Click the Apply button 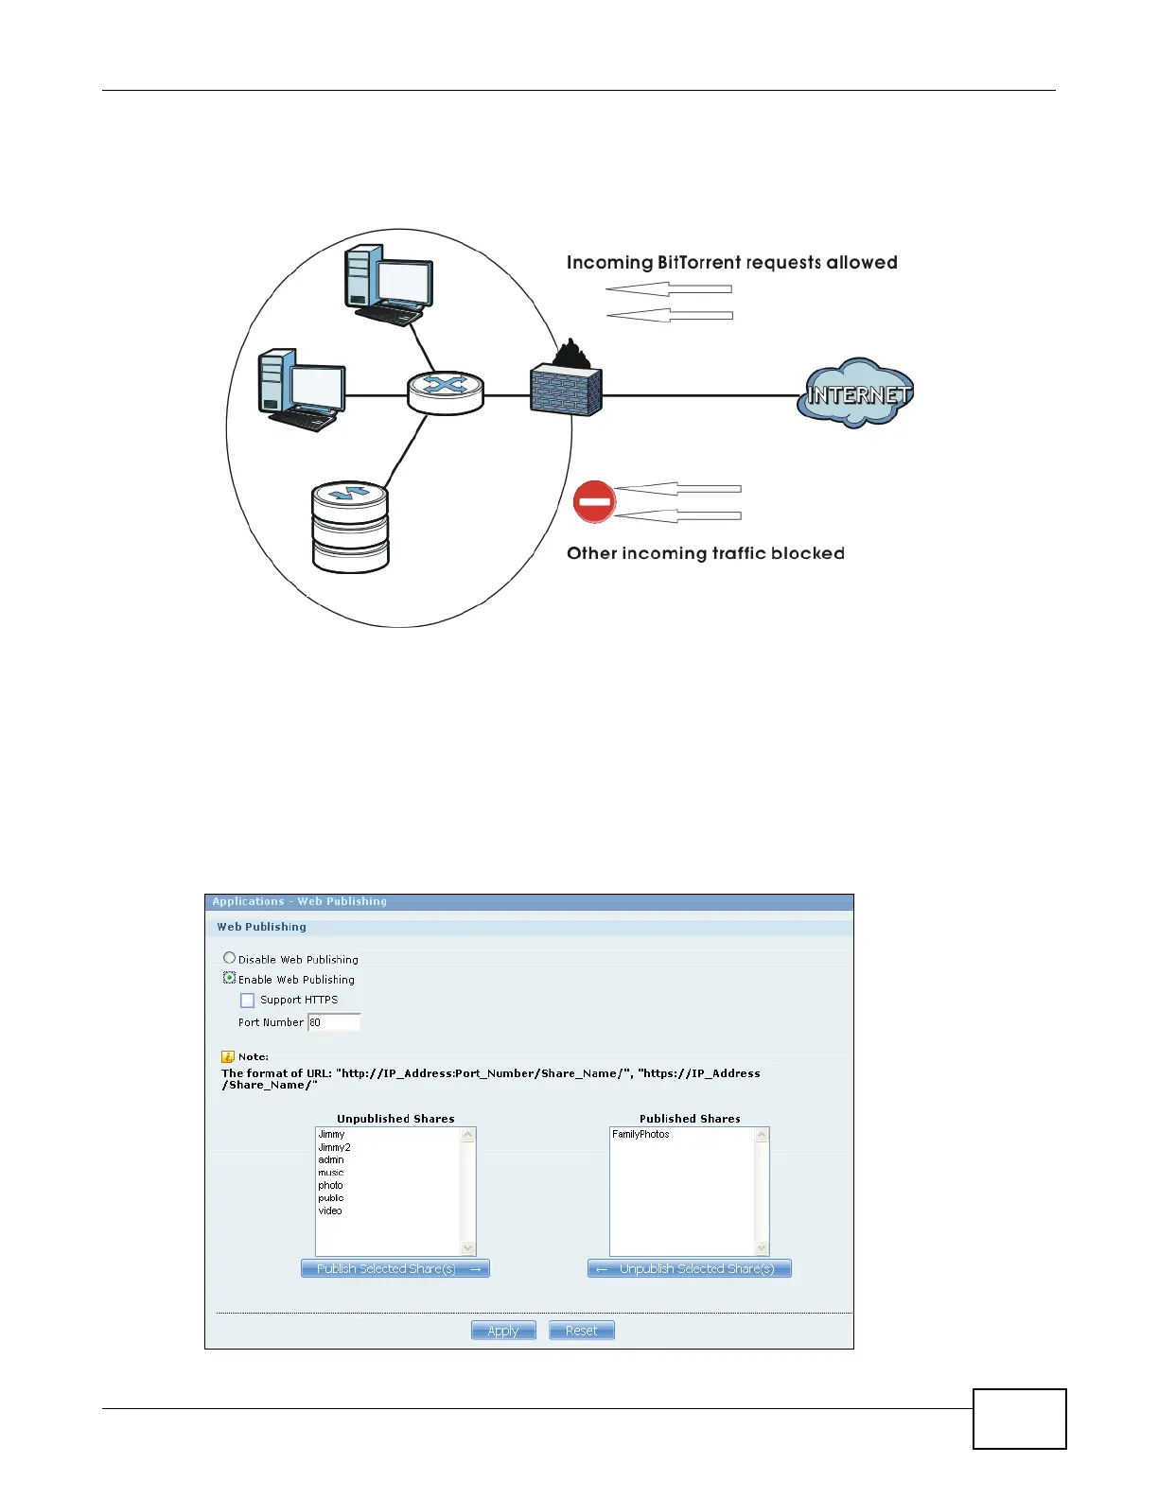pos(503,1331)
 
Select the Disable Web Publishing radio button pos(229,958)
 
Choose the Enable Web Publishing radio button pos(229,979)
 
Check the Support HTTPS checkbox pos(248,1001)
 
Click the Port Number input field pos(334,1022)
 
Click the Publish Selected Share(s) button pos(395,1269)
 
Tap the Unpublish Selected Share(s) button pos(689,1269)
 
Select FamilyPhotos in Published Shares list pos(640,1134)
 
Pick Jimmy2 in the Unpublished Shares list pos(334,1147)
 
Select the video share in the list pos(330,1211)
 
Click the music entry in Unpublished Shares pos(331,1173)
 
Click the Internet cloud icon pos(856,393)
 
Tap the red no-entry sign pos(594,502)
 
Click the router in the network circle pos(446,392)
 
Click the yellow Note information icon pos(228,1056)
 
